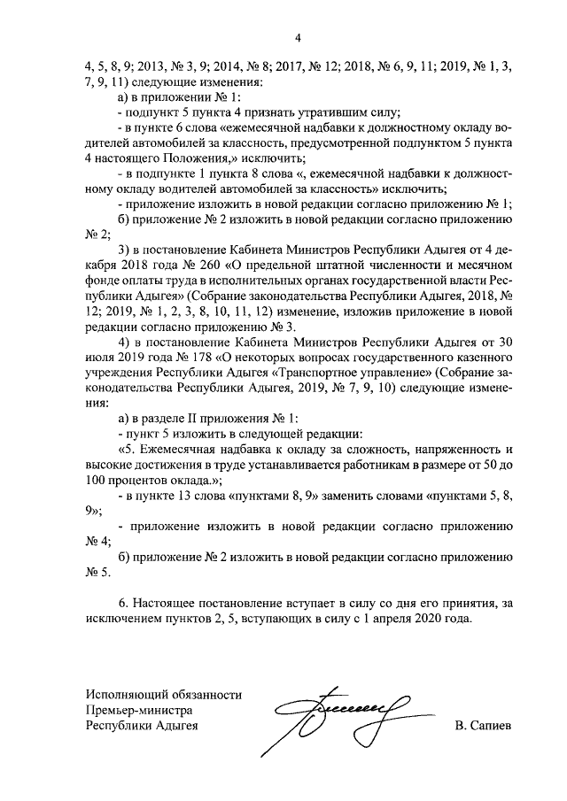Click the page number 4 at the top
coord(299,37)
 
